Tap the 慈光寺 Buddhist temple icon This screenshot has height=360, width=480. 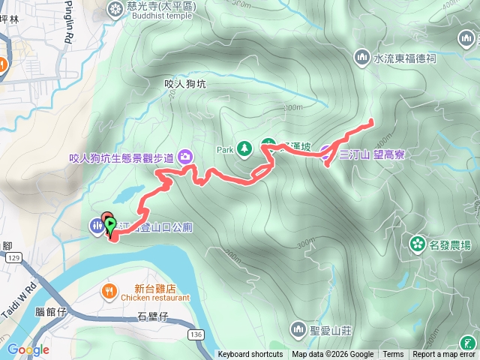[x=115, y=8]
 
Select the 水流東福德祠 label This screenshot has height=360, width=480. [x=404, y=57]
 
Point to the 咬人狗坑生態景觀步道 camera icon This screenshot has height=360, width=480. [x=184, y=157]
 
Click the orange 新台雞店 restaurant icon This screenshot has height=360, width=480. [x=109, y=289]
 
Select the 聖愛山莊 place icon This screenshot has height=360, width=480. [x=298, y=329]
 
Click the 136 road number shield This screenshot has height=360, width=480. [x=196, y=334]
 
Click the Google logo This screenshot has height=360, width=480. [x=28, y=349]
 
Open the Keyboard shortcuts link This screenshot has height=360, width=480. [x=250, y=355]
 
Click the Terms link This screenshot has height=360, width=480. [x=393, y=355]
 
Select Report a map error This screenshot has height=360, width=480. [x=444, y=355]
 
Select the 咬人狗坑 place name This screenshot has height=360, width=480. [x=184, y=85]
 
